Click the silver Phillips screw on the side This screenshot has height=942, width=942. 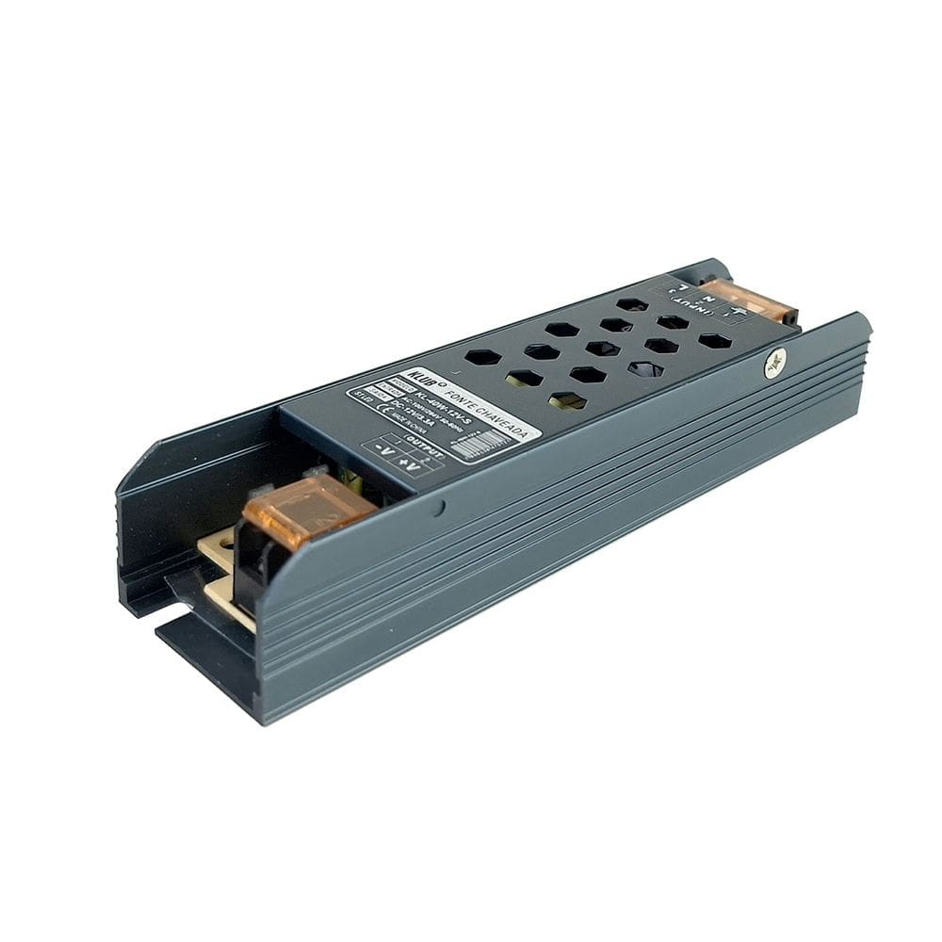coord(775,362)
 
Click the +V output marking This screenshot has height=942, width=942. coord(409,463)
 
